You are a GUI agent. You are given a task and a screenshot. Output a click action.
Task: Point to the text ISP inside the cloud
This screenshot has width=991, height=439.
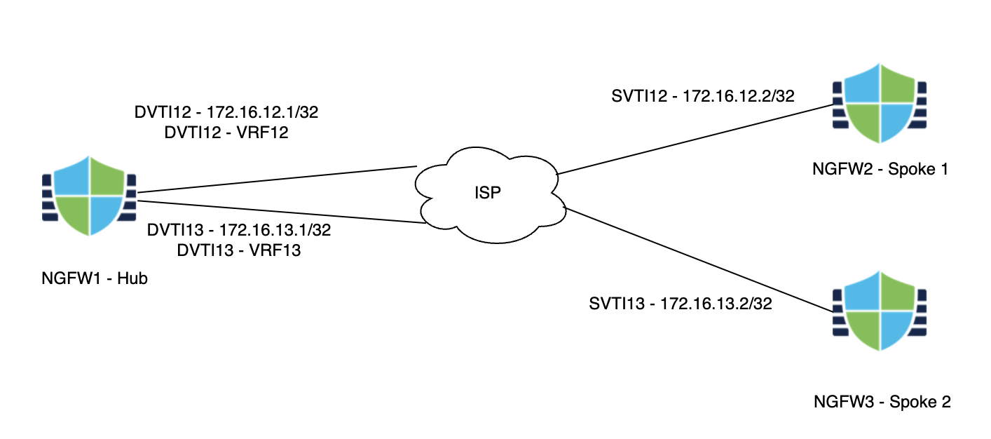(488, 191)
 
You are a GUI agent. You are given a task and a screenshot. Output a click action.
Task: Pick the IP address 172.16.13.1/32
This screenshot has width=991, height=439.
(275, 230)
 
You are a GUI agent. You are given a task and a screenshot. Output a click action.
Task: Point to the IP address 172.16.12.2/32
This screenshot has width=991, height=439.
(738, 95)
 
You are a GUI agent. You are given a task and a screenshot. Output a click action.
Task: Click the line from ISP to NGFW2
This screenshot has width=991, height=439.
(694, 139)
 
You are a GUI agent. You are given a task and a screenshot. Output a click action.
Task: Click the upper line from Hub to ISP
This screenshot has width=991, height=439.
(273, 180)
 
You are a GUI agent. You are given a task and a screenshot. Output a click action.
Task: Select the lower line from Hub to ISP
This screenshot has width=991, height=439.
(280, 212)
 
